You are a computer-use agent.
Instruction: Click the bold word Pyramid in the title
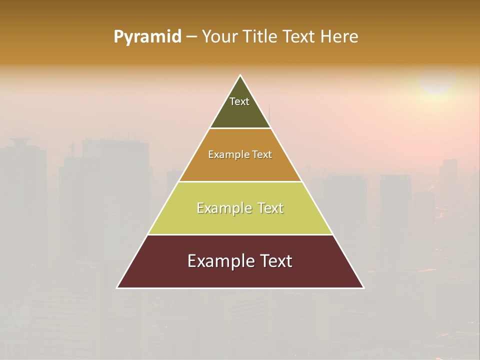pos(147,37)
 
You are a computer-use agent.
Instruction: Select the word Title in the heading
pos(263,37)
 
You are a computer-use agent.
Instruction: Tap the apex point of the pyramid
pos(240,76)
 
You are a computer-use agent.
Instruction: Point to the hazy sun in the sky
pos(437,80)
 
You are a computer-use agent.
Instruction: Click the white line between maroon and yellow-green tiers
pos(240,234)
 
